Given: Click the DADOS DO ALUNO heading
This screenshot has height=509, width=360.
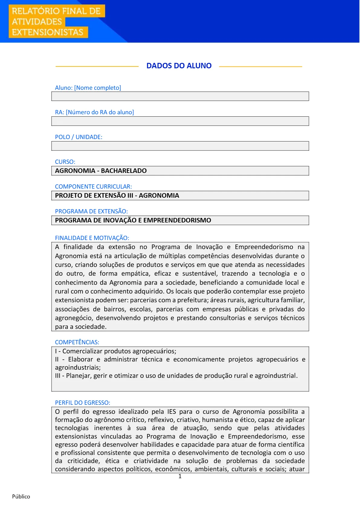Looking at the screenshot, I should pos(179,66).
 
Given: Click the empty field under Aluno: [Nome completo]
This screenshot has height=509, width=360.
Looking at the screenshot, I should pos(180,96).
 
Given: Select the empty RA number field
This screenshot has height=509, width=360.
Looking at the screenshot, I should pos(180,121).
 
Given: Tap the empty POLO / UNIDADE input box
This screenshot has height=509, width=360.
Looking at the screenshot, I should pos(180,146).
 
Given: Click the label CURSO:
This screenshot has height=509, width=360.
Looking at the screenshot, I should pos(65,162).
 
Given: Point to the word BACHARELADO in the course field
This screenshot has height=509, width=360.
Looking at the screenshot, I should pos(124,171).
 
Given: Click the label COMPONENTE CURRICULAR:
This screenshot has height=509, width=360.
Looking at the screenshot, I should pos(93,186).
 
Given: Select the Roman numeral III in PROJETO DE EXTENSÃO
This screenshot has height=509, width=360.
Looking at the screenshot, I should pos(130,196).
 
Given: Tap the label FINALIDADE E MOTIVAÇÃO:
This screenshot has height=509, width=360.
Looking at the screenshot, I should pos(92,238).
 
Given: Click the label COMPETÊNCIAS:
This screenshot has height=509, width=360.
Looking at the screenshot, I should pos(77,342).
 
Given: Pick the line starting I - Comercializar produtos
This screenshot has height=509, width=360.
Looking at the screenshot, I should pos(115,351).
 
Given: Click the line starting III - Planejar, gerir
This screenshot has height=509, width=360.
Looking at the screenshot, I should pos(176,376).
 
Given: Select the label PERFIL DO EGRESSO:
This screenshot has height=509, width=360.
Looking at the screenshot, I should pos(83,403).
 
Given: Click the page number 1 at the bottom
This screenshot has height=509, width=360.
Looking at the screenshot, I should pos(180,476).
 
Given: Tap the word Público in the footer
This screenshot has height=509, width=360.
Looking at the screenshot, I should pos(21,497).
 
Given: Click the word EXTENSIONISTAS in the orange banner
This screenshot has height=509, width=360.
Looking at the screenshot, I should pos(47,32).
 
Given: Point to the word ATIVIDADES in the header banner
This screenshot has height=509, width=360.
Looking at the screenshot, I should pos(37,22).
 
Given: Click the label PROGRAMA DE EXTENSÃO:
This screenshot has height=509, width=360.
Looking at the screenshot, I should pos(91,211).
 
